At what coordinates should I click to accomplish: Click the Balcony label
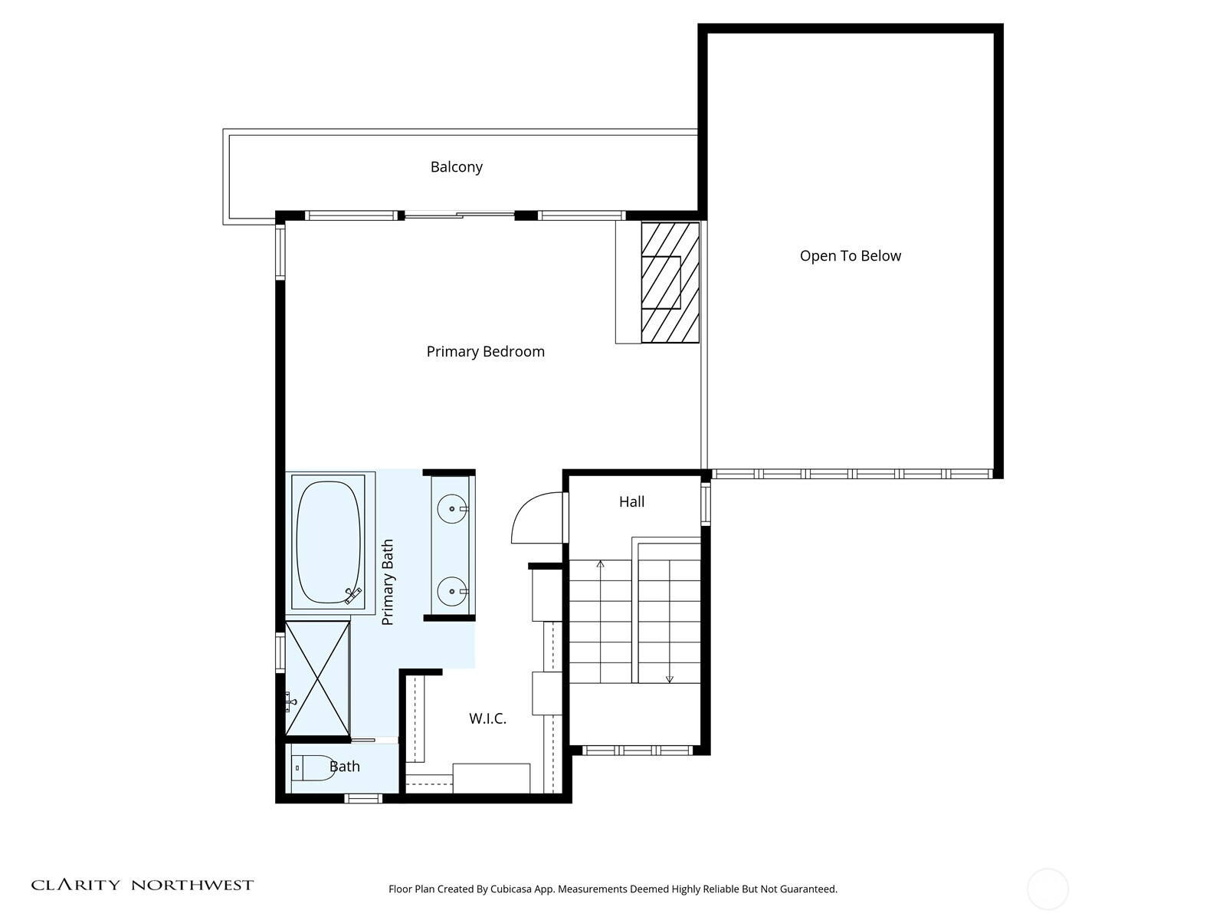457,167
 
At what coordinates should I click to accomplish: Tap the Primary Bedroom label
485,351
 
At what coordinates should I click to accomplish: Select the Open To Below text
850,256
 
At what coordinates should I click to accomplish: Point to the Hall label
631,501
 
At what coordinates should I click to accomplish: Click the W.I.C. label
487,718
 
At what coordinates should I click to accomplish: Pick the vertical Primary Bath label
387,582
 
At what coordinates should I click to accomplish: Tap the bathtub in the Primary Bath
328,542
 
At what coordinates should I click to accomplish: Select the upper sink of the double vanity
452,509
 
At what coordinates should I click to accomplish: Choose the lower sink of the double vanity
452,591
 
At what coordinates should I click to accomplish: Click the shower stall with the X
318,678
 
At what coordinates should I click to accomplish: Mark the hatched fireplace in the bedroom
670,282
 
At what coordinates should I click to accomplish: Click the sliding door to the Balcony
459,215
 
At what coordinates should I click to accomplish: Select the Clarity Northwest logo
143,885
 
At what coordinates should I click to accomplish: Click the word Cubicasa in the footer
511,889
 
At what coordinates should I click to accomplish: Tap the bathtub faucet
353,596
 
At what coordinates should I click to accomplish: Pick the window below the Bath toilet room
363,799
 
